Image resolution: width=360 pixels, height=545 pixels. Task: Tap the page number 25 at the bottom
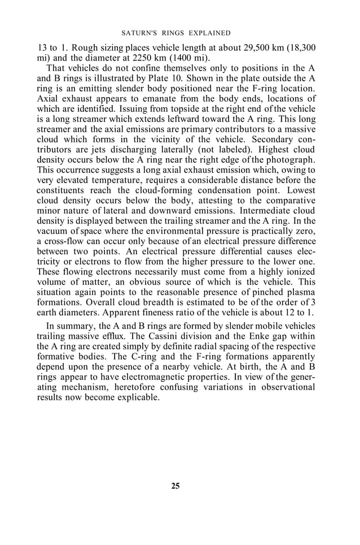pyautogui.click(x=175, y=486)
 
